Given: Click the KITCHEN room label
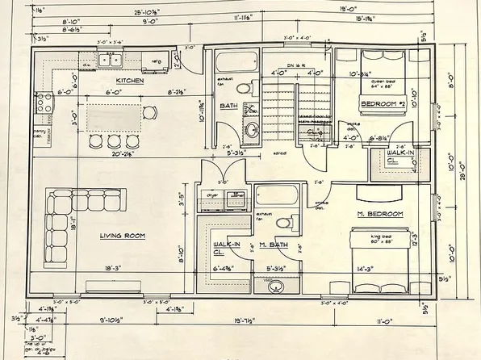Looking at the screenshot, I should click(x=130, y=81).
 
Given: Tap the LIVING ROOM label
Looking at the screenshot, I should click(x=122, y=236).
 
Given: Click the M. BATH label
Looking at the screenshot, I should click(x=274, y=245).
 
